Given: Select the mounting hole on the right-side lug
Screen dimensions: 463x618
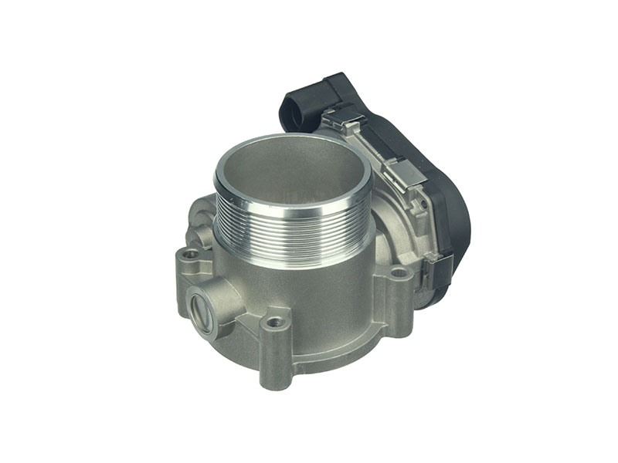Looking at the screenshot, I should pyautogui.click(x=399, y=272).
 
